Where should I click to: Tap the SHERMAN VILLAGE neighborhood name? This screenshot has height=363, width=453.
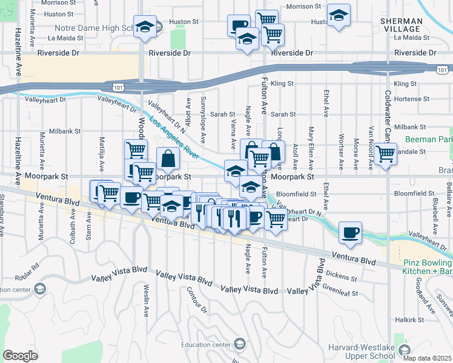pyautogui.click(x=402, y=25)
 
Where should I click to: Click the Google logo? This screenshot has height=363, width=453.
pyautogui.click(x=20, y=356)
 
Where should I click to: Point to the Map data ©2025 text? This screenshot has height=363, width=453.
pyautogui.click(x=427, y=358)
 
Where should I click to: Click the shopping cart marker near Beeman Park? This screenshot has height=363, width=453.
pyautogui.click(x=385, y=154)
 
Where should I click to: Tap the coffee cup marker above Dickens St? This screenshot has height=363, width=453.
pyautogui.click(x=349, y=232)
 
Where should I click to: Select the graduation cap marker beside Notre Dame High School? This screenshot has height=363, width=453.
pyautogui.click(x=145, y=27)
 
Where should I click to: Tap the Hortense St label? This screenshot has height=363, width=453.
pyautogui.click(x=411, y=99)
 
